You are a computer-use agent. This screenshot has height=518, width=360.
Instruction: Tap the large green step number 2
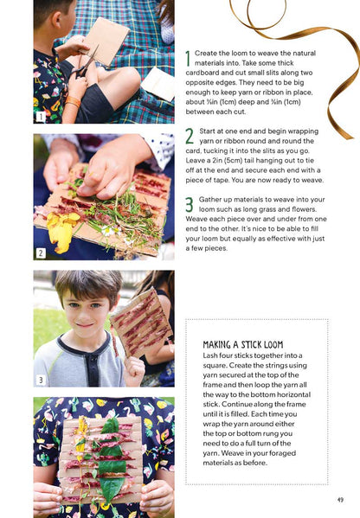click(189, 136)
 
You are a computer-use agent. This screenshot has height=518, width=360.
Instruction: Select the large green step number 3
click(189, 205)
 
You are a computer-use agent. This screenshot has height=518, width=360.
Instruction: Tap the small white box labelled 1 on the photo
click(40, 116)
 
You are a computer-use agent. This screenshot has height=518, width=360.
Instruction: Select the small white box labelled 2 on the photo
click(40, 253)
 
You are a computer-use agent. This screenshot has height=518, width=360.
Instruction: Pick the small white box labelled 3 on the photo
click(40, 380)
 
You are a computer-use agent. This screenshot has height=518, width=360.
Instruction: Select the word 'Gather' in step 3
click(210, 200)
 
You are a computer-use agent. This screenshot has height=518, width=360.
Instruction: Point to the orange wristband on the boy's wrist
click(74, 102)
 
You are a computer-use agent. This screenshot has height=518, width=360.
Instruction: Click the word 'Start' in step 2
click(209, 131)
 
